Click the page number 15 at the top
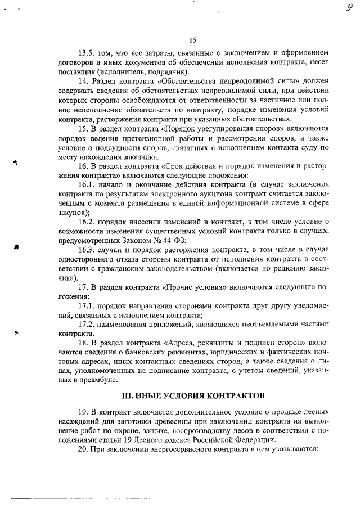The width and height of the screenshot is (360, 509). click(x=192, y=39)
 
